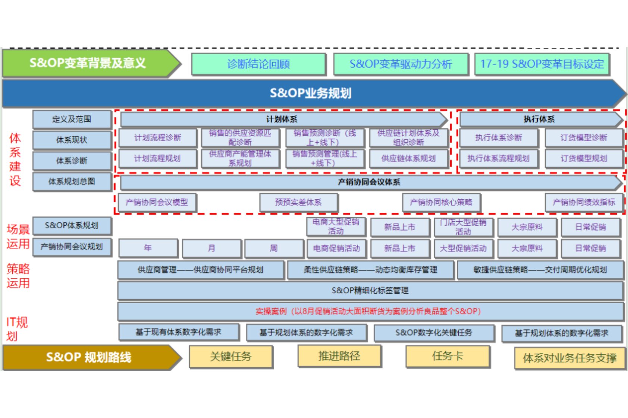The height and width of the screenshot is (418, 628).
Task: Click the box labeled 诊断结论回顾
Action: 258,64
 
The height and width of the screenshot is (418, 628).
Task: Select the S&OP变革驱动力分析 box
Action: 401,64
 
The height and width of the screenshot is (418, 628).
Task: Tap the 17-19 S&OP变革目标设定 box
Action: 542,64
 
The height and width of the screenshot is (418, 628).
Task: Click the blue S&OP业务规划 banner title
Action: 310,93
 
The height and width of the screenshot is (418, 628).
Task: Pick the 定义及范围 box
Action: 72,119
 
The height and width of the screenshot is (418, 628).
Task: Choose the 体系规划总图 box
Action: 72,181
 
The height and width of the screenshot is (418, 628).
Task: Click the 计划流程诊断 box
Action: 157,138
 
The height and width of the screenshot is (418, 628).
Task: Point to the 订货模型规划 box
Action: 584,159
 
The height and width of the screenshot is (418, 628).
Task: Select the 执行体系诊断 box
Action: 498,138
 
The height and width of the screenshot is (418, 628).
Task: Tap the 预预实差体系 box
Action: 298,202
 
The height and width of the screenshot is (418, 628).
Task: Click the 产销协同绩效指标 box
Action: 584,202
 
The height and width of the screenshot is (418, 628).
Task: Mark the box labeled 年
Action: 148,248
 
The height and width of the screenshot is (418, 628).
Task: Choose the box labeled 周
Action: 274,248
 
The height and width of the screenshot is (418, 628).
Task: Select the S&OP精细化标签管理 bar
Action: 370,291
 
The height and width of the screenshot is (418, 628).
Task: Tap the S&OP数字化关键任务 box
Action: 434,333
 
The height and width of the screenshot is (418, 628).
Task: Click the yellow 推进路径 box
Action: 339,356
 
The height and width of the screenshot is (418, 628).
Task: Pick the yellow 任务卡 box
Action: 448,356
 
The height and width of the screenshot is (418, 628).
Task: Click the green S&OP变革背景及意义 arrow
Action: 88,63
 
